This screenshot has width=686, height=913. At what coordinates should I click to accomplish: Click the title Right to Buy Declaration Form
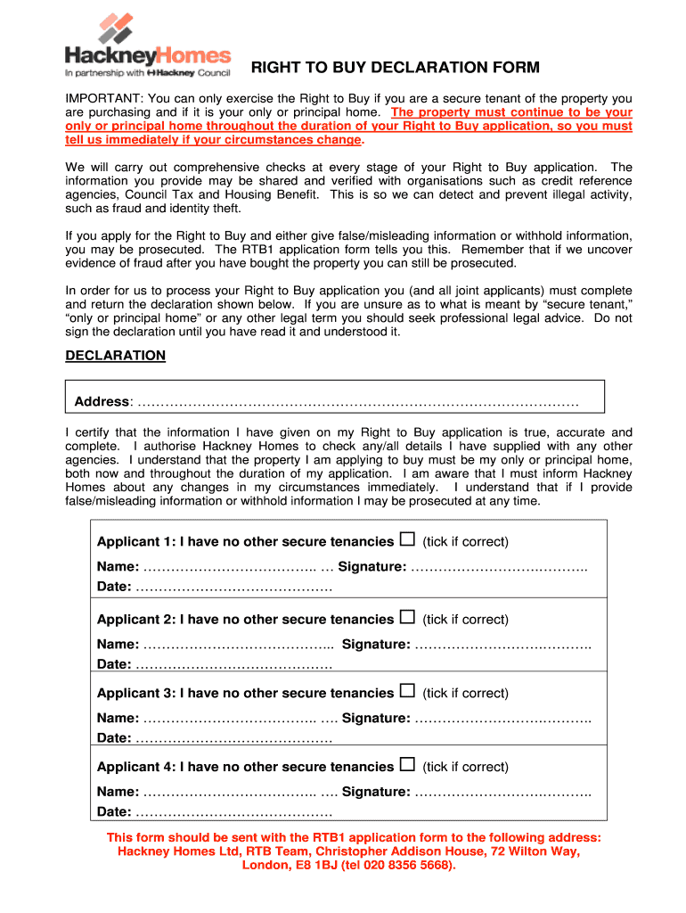point(395,68)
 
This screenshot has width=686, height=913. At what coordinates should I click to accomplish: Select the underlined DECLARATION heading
point(116,356)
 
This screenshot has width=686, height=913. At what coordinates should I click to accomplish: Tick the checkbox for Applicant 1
point(407,540)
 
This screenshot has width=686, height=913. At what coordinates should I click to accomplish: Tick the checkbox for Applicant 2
point(407,618)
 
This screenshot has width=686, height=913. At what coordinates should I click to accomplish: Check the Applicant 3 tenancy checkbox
point(407,691)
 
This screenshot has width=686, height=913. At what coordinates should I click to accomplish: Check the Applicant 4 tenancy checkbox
point(407,765)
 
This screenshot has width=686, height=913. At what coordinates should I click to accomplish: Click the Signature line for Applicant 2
point(502,645)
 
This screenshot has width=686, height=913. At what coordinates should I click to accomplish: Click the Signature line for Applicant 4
point(502,793)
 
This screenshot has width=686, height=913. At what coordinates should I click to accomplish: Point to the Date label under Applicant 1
point(113,588)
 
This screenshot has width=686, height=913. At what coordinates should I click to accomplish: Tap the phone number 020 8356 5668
point(398,866)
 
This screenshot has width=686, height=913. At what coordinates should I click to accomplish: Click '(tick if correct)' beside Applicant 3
point(465,694)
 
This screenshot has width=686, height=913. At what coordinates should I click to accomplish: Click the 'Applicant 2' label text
point(135,620)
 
